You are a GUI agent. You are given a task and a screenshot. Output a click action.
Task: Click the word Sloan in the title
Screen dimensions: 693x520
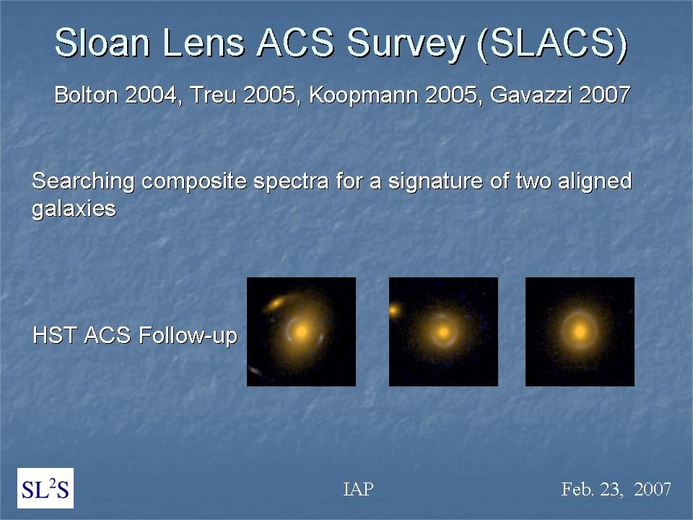point(103,43)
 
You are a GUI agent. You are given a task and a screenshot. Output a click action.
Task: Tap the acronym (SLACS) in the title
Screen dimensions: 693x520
point(552,44)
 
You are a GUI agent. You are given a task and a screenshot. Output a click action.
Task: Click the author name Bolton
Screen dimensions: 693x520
point(86,95)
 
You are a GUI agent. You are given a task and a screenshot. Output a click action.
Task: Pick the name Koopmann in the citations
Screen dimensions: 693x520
point(363,96)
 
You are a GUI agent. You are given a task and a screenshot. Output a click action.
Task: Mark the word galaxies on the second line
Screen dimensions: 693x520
point(74,209)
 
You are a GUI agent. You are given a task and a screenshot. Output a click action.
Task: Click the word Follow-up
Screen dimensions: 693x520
point(188,336)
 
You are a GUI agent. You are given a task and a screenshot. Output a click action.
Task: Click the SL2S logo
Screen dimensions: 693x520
point(45,488)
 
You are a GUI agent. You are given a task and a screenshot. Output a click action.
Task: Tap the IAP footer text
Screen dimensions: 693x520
point(359,489)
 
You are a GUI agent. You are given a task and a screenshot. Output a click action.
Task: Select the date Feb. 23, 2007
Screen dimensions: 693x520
point(616,489)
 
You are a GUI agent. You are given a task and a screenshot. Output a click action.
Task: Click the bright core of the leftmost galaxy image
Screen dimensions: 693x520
point(302,331)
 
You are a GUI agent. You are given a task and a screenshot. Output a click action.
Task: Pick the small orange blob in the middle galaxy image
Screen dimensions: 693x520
point(394,310)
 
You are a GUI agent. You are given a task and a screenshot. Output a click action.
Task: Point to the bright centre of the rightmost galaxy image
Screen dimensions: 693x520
point(580,331)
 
